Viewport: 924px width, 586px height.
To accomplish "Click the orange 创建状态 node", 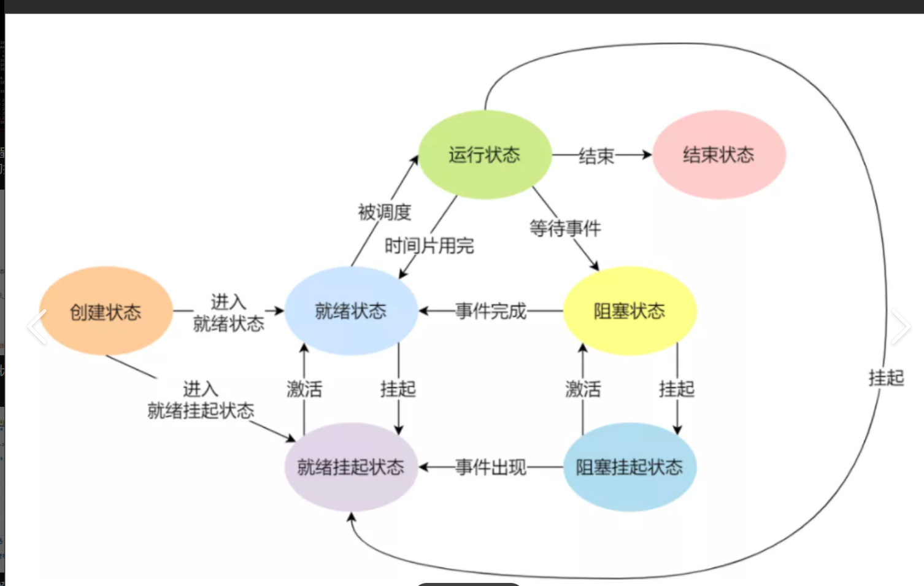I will (106, 311).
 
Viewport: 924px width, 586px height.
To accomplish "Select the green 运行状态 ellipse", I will (485, 155).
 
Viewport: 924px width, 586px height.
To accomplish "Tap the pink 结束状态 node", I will (719, 155).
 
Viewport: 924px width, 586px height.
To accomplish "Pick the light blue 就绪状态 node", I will (351, 311).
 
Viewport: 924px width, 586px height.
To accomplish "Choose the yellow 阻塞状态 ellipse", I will (629, 311).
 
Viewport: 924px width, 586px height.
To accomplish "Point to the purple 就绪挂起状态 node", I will (351, 467).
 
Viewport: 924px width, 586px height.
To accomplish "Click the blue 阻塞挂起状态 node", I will (629, 467).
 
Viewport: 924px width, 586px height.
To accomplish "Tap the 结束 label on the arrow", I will (596, 156).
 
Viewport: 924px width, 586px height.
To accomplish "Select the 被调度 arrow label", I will (385, 212).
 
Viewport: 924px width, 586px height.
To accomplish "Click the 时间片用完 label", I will (429, 246).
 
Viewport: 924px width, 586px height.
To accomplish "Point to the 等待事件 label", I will (565, 228).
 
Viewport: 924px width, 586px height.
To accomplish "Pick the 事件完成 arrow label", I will (491, 311).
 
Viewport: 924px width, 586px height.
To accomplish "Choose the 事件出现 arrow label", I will (491, 468).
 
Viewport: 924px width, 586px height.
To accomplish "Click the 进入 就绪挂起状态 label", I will (201, 399).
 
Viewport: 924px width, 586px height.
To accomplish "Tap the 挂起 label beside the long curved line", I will (886, 377).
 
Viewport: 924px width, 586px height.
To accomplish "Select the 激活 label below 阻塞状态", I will (583, 388).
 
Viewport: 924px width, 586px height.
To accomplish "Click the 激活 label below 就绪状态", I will (304, 388).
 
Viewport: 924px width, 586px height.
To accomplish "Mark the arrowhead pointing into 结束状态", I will (647, 155).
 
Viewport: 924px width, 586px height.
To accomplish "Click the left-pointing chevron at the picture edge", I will (37, 326).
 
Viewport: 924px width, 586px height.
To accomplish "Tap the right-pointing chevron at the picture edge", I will (900, 326).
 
